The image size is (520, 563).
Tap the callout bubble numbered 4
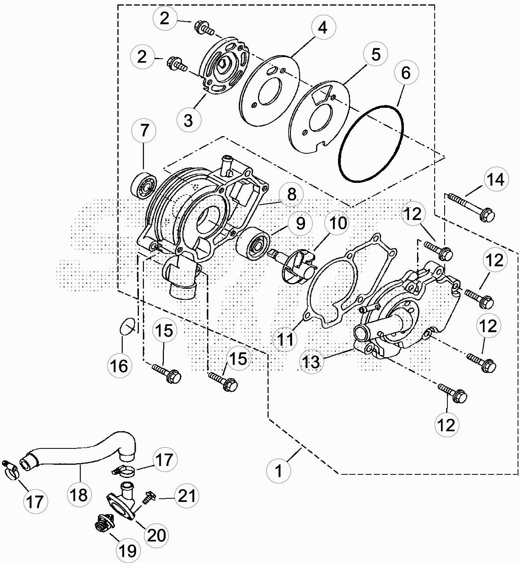click(323, 28)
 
